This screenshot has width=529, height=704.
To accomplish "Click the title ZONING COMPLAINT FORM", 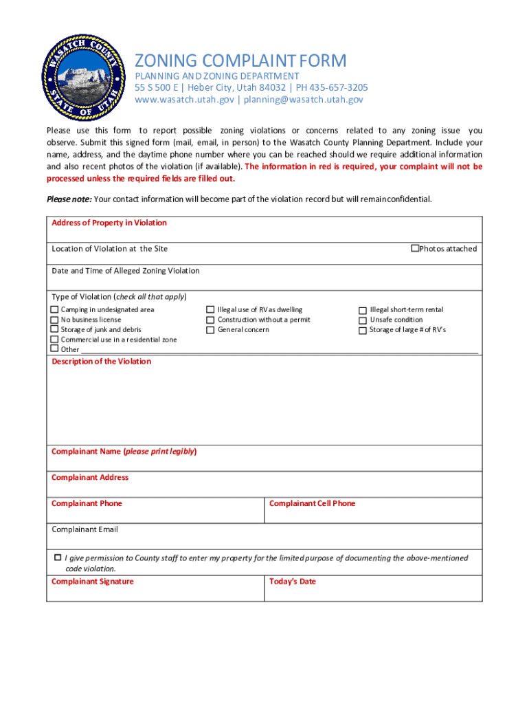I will coord(240,60).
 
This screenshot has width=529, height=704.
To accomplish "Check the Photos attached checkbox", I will coord(414,248).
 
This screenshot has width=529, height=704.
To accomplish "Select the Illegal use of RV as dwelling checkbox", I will coord(211,310).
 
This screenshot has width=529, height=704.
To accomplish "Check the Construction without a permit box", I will coord(211,320).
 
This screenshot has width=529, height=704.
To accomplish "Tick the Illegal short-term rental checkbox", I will coord(363,311).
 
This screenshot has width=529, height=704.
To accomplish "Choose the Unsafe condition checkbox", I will coord(363,320).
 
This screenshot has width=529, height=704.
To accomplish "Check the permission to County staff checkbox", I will coord(58,557).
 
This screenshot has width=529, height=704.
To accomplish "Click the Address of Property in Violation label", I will coord(109,223).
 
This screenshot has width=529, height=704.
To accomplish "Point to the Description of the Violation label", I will coord(101,362).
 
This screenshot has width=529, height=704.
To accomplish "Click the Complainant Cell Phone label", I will coord(312,504).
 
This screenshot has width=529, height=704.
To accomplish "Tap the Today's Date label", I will coord(292,582).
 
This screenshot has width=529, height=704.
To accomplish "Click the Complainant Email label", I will coord(85,529).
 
